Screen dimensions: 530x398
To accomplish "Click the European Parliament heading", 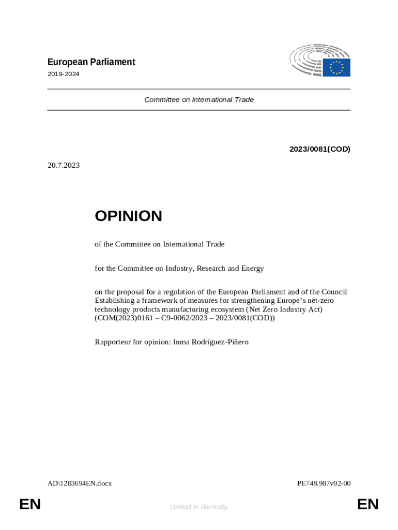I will point(91,62).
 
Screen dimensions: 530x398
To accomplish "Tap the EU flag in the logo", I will point(336,67).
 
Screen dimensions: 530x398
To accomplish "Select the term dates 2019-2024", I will point(63,74).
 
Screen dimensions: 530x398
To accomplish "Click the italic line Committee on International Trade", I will point(199,99).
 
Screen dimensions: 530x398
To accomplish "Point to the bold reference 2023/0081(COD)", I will point(319,149).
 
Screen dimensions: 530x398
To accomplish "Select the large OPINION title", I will point(128,216).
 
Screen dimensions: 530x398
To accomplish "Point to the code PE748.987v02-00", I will point(324,483).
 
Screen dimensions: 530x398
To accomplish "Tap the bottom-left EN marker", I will point(30,504).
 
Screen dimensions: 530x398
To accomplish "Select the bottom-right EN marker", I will point(368,504).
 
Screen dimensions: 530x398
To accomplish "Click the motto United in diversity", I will point(198,507).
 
